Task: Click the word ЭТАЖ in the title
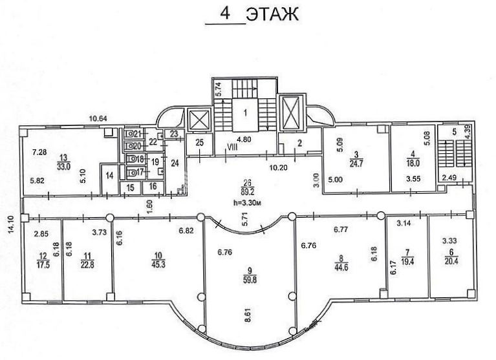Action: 272,14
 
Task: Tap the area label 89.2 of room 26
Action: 248,191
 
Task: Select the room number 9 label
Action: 250,271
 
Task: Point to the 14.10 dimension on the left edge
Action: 12,224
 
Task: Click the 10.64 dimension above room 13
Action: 98,119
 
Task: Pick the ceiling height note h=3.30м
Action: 248,203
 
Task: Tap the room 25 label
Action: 199,143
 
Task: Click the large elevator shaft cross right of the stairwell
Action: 290,112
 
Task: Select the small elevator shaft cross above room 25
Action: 199,120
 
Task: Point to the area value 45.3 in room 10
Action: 158,264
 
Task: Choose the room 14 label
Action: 109,175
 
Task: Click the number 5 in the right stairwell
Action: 454,132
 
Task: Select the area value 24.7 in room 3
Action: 356,163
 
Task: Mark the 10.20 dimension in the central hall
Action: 278,167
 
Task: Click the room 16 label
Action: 153,186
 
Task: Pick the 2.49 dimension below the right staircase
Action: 449,178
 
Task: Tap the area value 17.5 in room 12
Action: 43,265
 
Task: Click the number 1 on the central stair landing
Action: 246,112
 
